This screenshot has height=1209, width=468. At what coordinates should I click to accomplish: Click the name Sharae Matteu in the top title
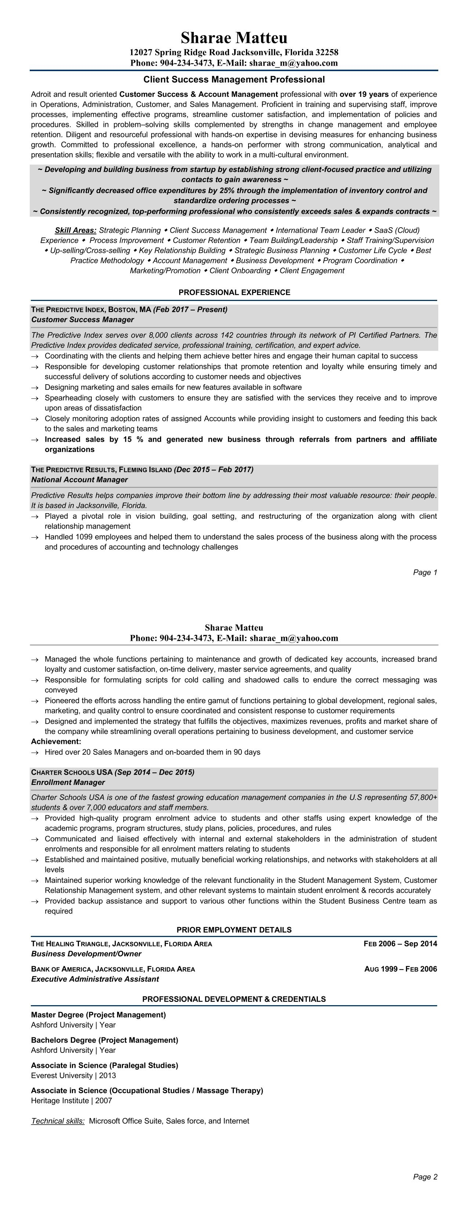point(234,37)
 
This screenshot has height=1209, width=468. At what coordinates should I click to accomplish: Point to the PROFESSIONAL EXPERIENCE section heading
point(234,293)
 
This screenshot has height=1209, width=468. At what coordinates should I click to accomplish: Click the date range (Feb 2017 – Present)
point(190,309)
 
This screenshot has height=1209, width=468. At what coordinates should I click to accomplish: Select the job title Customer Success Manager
point(83,320)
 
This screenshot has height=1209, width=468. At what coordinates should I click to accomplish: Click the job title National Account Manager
point(79,479)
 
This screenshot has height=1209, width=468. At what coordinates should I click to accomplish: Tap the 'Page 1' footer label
point(425,572)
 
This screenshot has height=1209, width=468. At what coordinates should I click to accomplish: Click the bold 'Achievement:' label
point(56,742)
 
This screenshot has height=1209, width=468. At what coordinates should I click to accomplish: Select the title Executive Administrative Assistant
point(95,979)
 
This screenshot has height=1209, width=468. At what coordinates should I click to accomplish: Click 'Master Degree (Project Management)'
point(98,1015)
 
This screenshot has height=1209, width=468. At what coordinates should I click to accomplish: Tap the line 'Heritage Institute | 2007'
point(72,1100)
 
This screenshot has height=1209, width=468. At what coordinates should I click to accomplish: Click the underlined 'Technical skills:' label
point(58,1121)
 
